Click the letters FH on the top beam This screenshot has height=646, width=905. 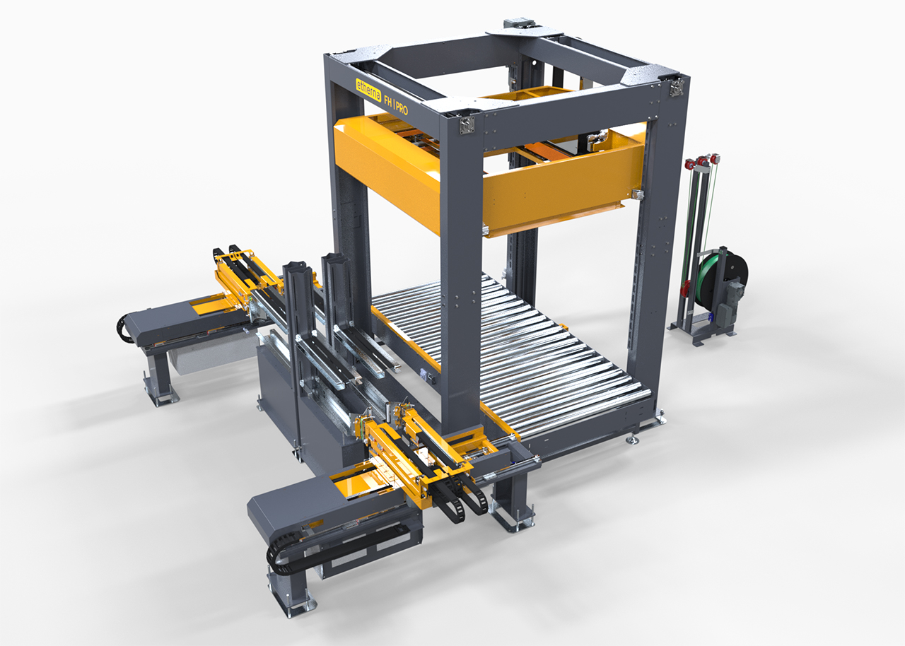coord(387,100)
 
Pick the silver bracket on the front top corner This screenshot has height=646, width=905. coord(466,126)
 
